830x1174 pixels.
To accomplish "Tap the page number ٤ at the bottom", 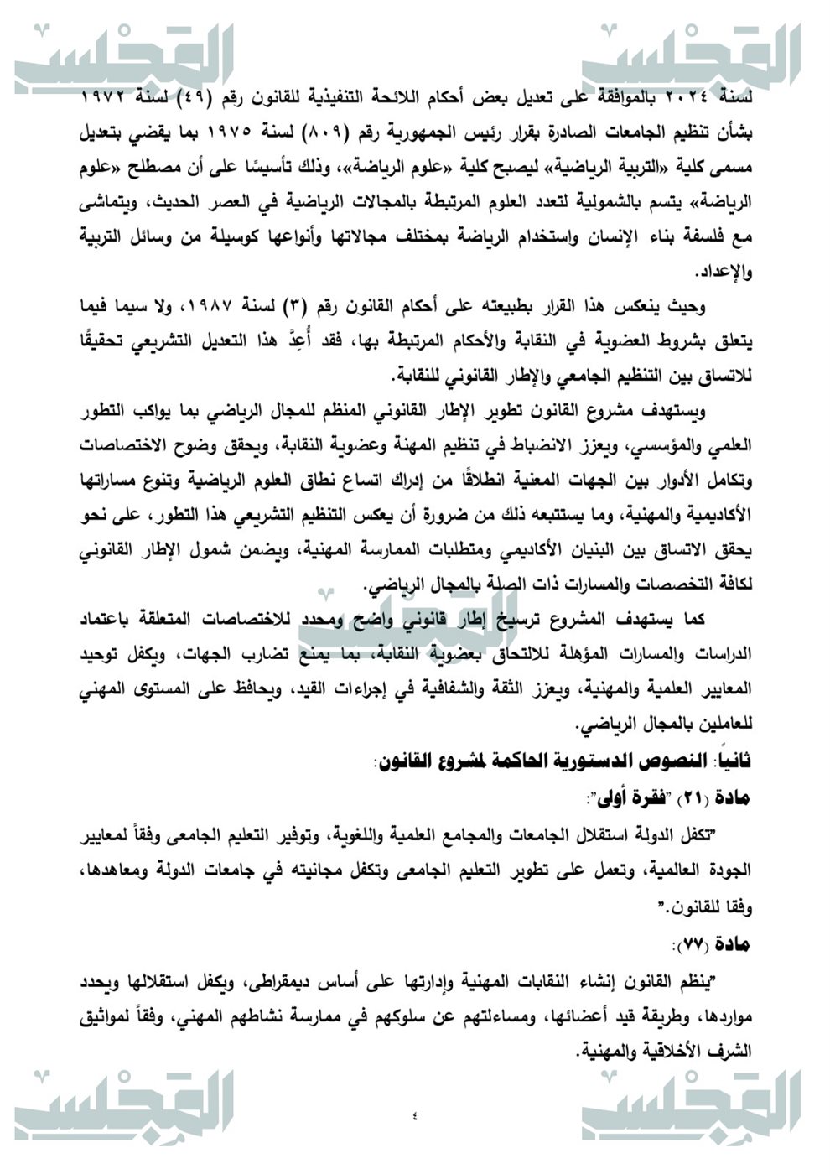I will tap(415, 1115).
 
